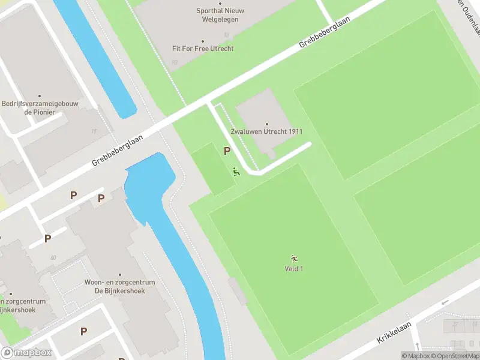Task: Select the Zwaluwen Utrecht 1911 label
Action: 266,131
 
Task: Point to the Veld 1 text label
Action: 294,268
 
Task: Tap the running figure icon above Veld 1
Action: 294,259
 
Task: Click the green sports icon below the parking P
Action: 236,172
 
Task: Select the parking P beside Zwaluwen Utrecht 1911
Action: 227,151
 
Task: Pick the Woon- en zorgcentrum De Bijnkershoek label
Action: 119,286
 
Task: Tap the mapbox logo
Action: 26,353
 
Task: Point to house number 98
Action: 175,62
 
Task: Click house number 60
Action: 53,258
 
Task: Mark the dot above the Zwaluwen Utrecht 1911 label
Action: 266,124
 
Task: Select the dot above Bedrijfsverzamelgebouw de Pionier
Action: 40,96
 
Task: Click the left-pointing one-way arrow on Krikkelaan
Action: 445,302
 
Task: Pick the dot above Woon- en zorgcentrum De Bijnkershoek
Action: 119,275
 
